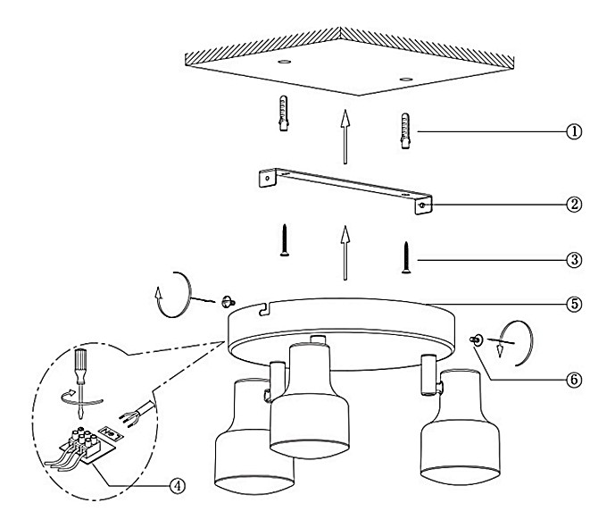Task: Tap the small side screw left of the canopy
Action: coord(226,300)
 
